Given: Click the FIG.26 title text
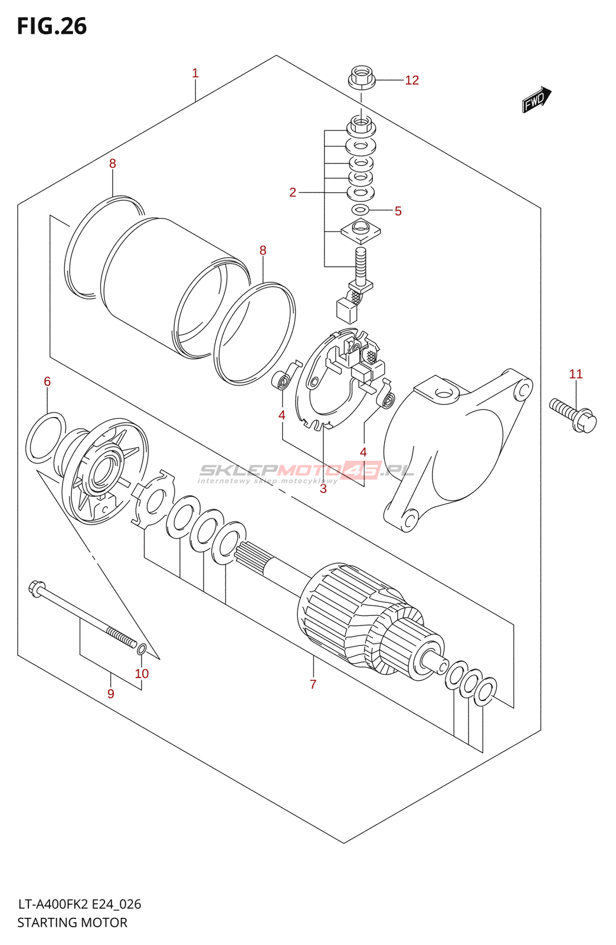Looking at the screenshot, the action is pos(52,26).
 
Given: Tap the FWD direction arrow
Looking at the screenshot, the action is pos(537,100).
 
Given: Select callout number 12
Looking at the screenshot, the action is pos(412,80).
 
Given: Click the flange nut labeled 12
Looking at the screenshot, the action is pos(362,77).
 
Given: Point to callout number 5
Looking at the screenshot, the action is pos(398,211).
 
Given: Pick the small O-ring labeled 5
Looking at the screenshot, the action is pos(361,208).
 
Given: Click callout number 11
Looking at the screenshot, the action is pos(575,374).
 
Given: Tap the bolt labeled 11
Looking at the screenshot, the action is pos(573,416).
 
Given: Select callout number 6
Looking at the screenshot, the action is pos(47,382).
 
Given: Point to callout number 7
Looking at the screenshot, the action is pos(313,684).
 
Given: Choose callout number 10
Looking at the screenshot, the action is pos(142,673).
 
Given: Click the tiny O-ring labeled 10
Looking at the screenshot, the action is pos(142,649).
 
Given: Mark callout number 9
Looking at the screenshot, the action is pos(110,693).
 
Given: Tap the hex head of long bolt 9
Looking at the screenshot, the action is pos(37,588).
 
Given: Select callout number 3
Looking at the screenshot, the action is pos(323,488).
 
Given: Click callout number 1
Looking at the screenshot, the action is pos(195,73).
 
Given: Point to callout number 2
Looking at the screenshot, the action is pos(293,193).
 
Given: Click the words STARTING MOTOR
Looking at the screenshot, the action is pos(72,923).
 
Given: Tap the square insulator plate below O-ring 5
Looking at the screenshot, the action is pos(361,231).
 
